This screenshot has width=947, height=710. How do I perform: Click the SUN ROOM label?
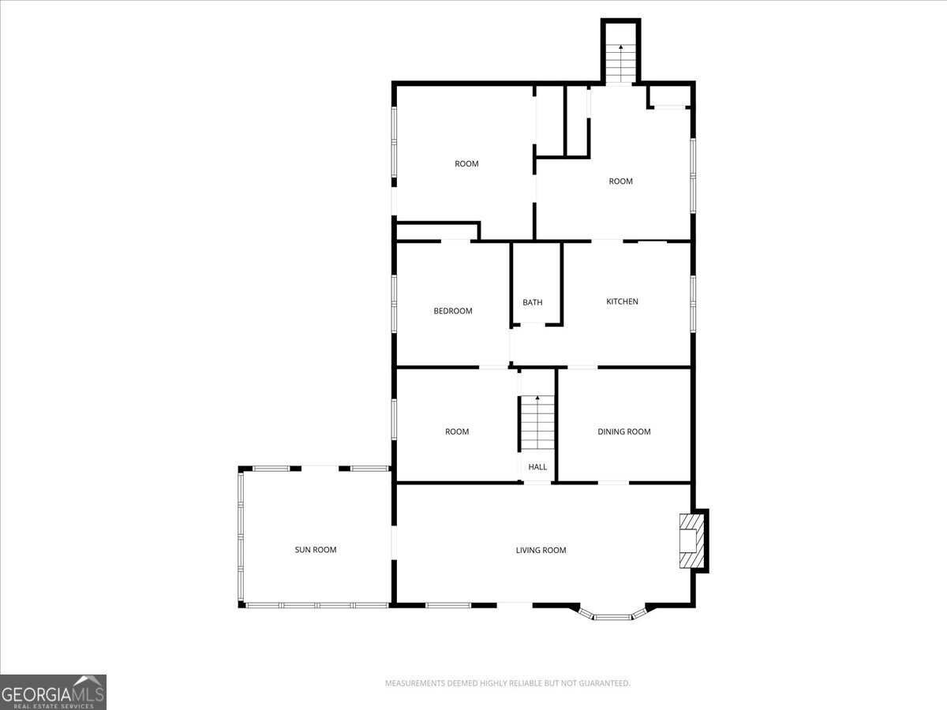[x=315, y=550]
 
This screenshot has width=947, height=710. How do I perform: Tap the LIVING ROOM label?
[x=541, y=551]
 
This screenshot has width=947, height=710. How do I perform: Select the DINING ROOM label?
[x=623, y=432]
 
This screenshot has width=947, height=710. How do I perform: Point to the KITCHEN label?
[x=622, y=301]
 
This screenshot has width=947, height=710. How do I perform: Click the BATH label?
[x=533, y=302]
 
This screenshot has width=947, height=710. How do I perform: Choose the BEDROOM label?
[x=453, y=311]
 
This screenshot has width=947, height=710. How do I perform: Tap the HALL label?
[x=537, y=467]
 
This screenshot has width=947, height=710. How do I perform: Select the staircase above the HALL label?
[x=537, y=422]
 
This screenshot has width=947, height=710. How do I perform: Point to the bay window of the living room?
[x=612, y=615]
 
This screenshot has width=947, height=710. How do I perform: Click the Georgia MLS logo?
[x=53, y=692]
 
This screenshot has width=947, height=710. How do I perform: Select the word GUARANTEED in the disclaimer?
[x=605, y=683]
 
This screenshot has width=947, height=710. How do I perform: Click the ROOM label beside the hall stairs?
[x=457, y=432]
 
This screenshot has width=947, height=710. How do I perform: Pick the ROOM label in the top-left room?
[x=466, y=164]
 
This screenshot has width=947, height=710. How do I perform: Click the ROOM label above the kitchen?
[x=621, y=181]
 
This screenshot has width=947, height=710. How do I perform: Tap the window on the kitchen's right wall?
[x=693, y=302]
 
